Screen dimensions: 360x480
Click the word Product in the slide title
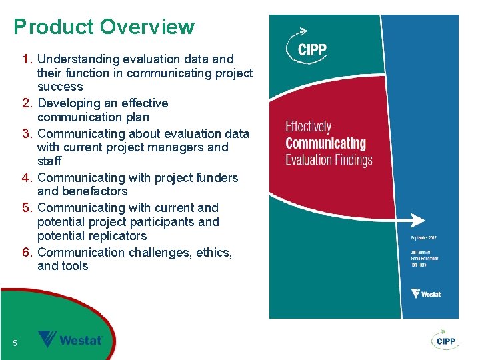pyautogui.click(x=54, y=27)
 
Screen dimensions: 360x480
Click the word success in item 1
pyautogui.click(x=60, y=87)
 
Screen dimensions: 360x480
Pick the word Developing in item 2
pyautogui.click(x=69, y=103)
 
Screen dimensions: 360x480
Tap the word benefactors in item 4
pyautogui.click(x=82, y=191)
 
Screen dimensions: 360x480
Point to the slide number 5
pyautogui.click(x=15, y=343)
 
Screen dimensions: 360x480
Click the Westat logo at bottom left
pyautogui.click(x=70, y=339)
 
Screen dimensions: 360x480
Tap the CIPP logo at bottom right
pyautogui.click(x=444, y=340)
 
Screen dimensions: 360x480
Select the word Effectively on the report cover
pyautogui.click(x=308, y=127)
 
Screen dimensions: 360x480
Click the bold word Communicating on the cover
pyautogui.click(x=325, y=143)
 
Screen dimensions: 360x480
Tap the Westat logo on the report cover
pyautogui.click(x=427, y=293)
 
